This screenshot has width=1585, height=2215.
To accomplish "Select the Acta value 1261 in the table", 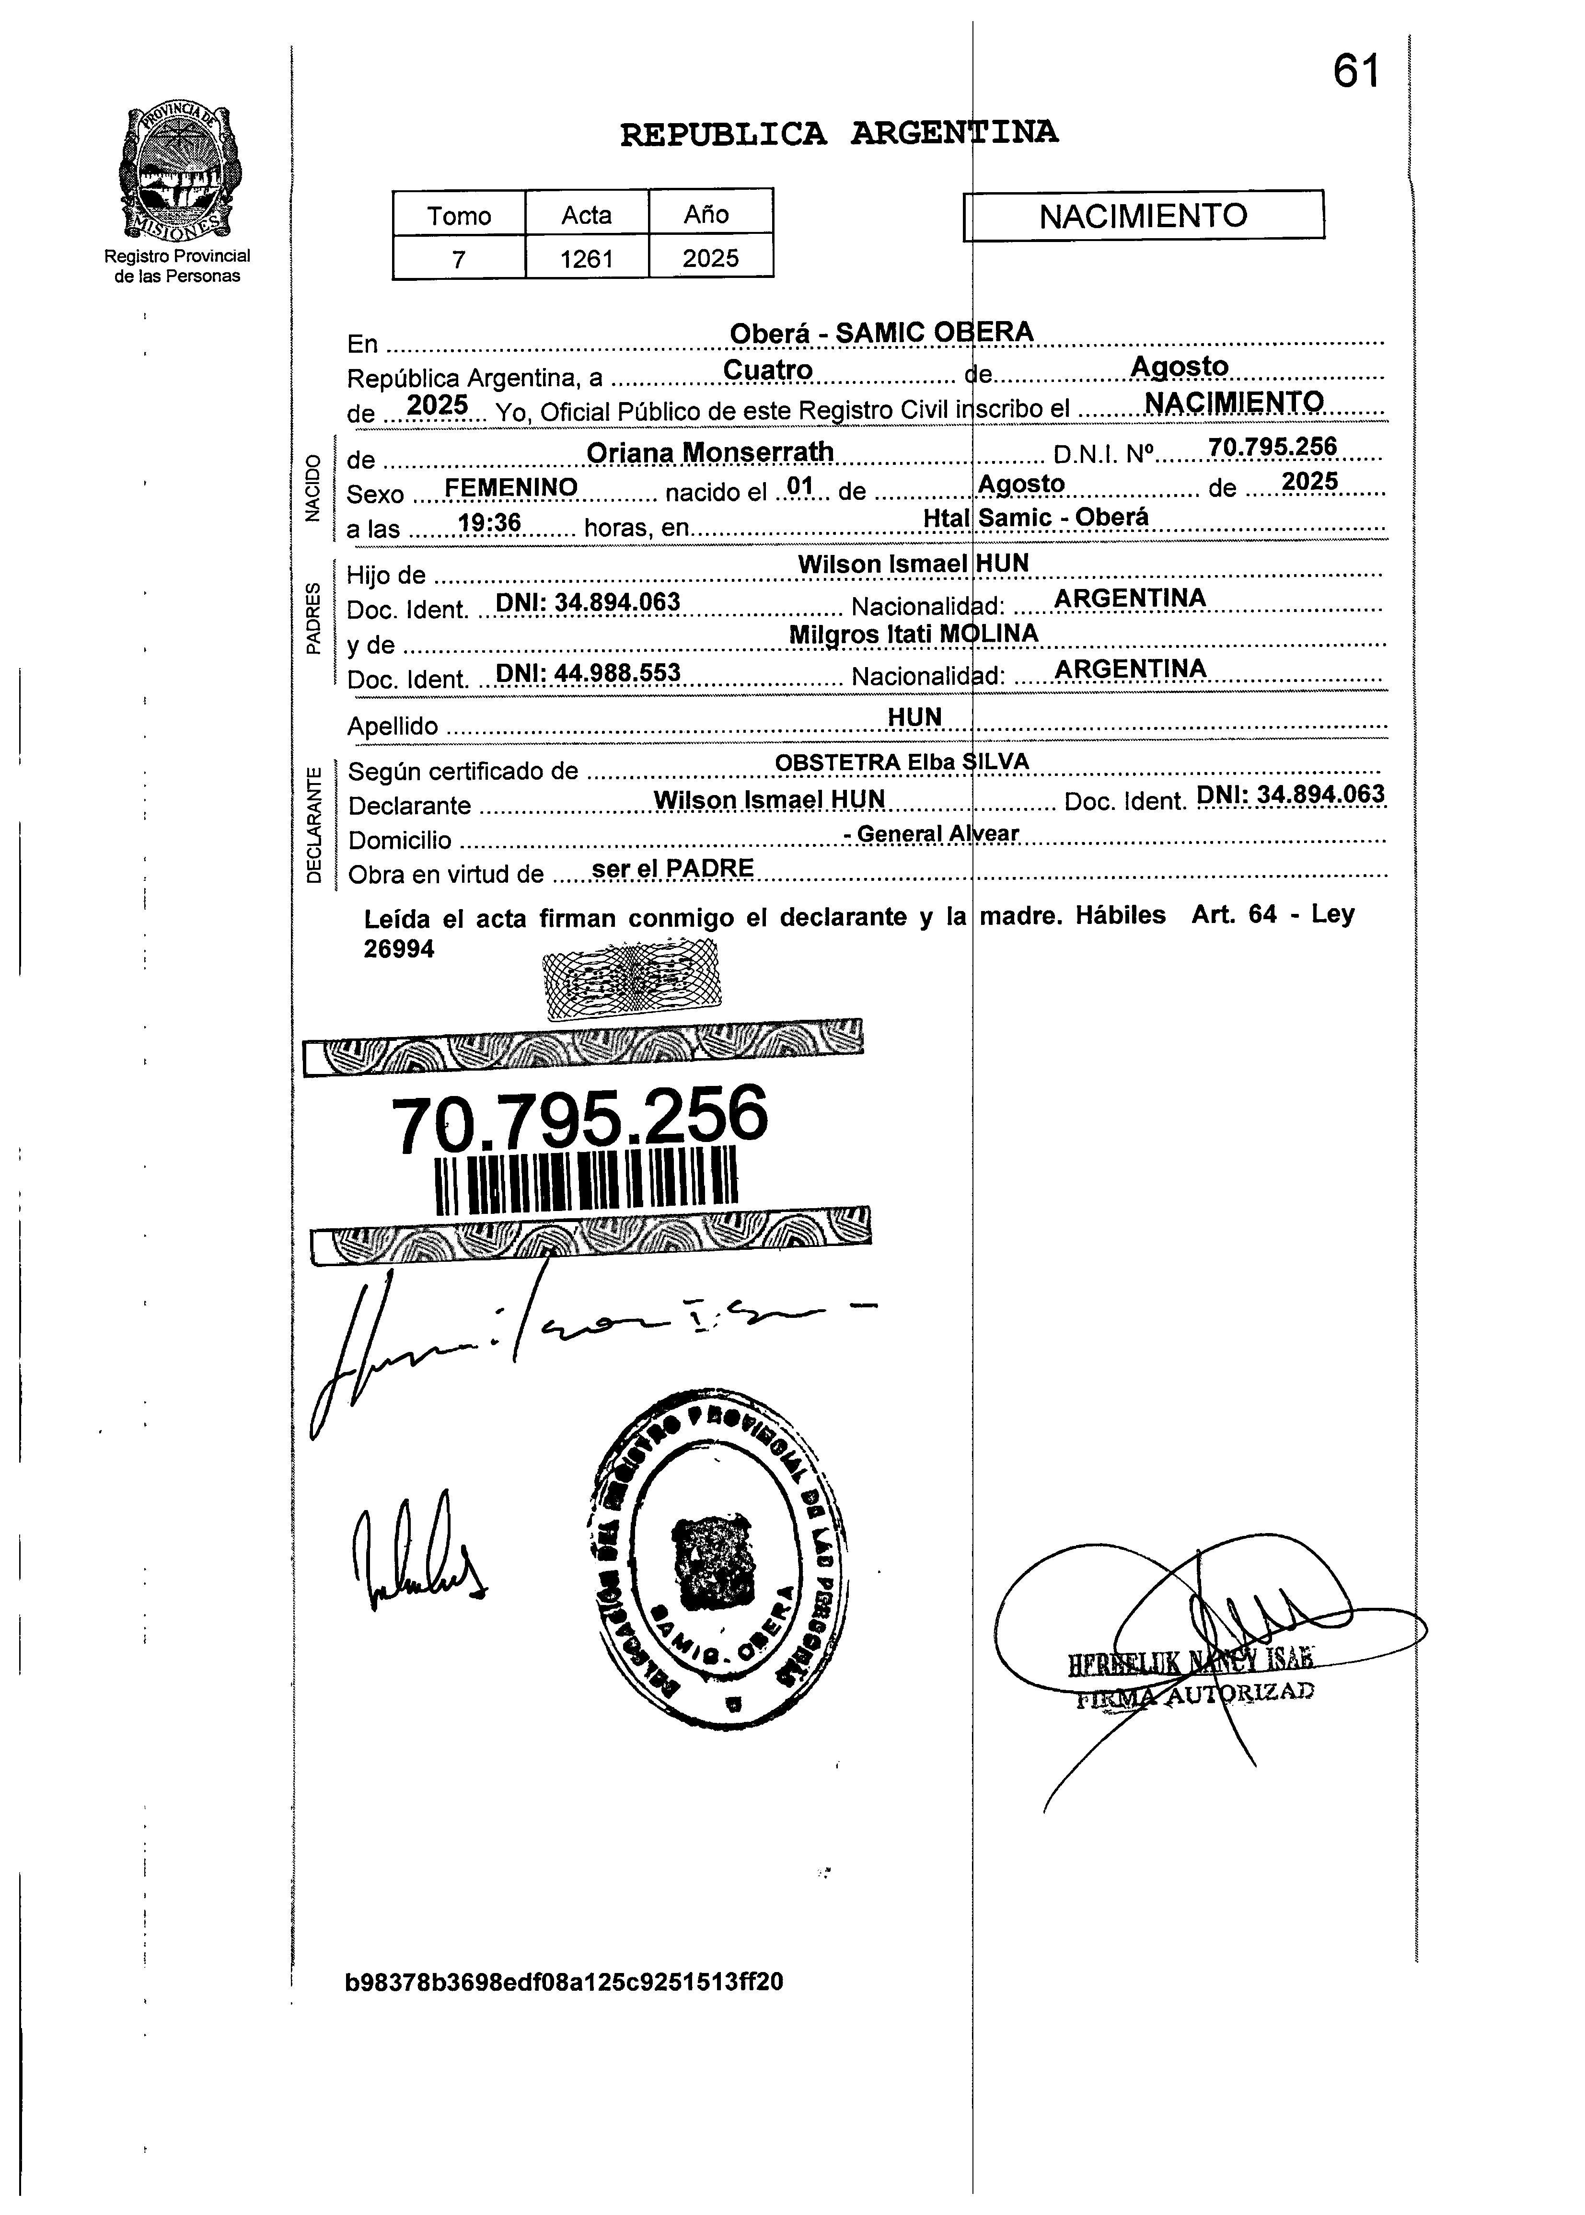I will tap(587, 259).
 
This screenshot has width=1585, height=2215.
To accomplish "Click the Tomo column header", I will tap(459, 215).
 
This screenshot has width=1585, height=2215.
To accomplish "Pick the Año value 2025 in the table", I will tap(710, 259).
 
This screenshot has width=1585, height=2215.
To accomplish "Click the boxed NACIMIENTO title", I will tap(1143, 216).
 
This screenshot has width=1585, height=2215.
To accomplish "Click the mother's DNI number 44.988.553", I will tap(588, 672).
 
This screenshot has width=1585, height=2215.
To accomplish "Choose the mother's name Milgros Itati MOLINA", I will tap(914, 634).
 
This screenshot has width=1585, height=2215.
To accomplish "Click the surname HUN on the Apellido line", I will tap(914, 717).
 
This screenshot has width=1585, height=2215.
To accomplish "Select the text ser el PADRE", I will tap(672, 867).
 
